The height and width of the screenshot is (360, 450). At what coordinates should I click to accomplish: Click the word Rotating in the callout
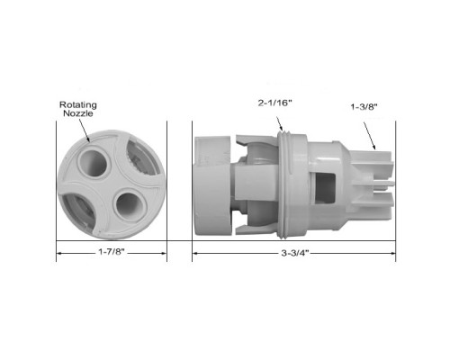pyautogui.click(x=78, y=104)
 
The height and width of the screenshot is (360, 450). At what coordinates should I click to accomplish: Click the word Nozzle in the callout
pyautogui.click(x=78, y=113)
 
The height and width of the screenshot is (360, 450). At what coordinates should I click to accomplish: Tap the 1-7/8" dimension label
pyautogui.click(x=112, y=252)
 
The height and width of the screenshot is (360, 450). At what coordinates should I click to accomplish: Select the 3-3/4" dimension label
pyautogui.click(x=295, y=253)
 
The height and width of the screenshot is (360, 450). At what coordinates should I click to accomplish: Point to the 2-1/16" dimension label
pyautogui.click(x=274, y=103)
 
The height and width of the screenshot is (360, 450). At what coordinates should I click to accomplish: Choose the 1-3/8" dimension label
pyautogui.click(x=364, y=106)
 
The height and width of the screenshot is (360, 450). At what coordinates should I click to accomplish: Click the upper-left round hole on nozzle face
pyautogui.click(x=94, y=163)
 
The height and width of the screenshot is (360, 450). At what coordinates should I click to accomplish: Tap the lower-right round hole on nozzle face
pyautogui.click(x=130, y=207)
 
